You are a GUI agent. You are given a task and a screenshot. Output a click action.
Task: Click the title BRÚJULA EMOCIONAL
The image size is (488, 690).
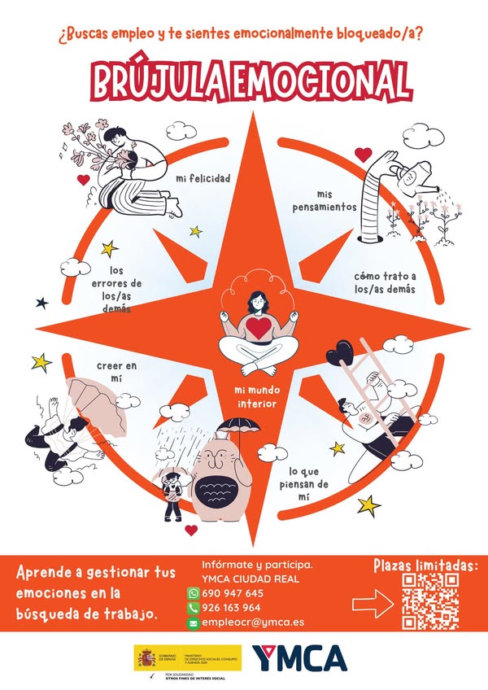pyautogui.click(x=251, y=80)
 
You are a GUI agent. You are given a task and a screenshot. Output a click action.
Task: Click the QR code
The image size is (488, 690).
pyautogui.click(x=431, y=602)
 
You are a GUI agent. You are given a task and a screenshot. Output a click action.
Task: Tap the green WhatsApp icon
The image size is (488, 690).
pyautogui.click(x=194, y=592)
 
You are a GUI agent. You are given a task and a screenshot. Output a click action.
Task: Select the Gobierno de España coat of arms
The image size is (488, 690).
pyautogui.click(x=147, y=657)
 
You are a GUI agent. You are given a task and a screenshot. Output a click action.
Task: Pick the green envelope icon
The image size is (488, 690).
pyautogui.click(x=194, y=622)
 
